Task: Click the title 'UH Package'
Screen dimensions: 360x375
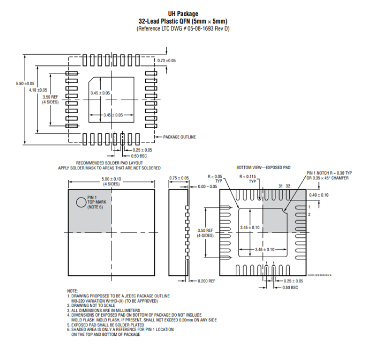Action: coord(183,14)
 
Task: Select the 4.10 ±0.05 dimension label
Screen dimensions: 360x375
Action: coord(37,90)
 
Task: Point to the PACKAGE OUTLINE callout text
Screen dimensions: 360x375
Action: coord(179,137)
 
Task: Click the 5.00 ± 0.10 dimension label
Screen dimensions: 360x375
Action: coord(111,179)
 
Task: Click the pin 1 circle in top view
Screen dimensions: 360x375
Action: coord(80,202)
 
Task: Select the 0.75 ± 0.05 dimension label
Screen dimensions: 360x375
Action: coord(179,178)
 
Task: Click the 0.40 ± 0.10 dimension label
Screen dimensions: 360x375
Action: coord(318,195)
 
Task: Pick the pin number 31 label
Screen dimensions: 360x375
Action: coord(280,185)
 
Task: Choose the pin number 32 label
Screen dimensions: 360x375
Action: coord(288,185)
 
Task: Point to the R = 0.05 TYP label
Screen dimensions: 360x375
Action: coord(216,178)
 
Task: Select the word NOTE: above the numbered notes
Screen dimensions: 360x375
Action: coord(72,291)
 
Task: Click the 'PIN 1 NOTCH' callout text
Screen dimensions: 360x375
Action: coord(327,173)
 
